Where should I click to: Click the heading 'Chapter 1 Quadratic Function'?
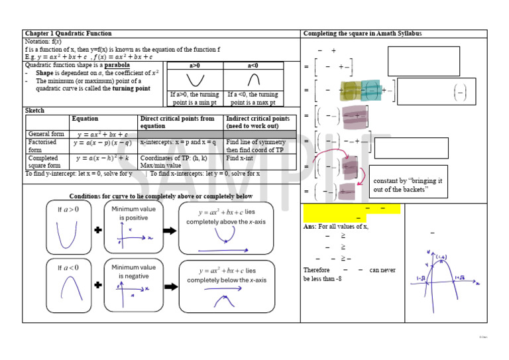coord(68,33)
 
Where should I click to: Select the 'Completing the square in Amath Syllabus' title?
coord(362,33)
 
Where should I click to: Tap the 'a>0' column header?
coord(194,66)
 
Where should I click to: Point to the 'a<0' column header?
coord(253,66)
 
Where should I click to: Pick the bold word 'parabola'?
coord(117,66)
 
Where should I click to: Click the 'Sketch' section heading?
coord(34,111)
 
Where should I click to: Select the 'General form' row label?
coord(46,134)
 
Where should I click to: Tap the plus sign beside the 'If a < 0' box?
coord(98,285)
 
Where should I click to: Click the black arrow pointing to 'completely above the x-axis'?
coord(170,230)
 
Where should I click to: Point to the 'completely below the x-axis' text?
coord(227,280)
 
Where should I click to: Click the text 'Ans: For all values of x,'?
coord(335,226)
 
